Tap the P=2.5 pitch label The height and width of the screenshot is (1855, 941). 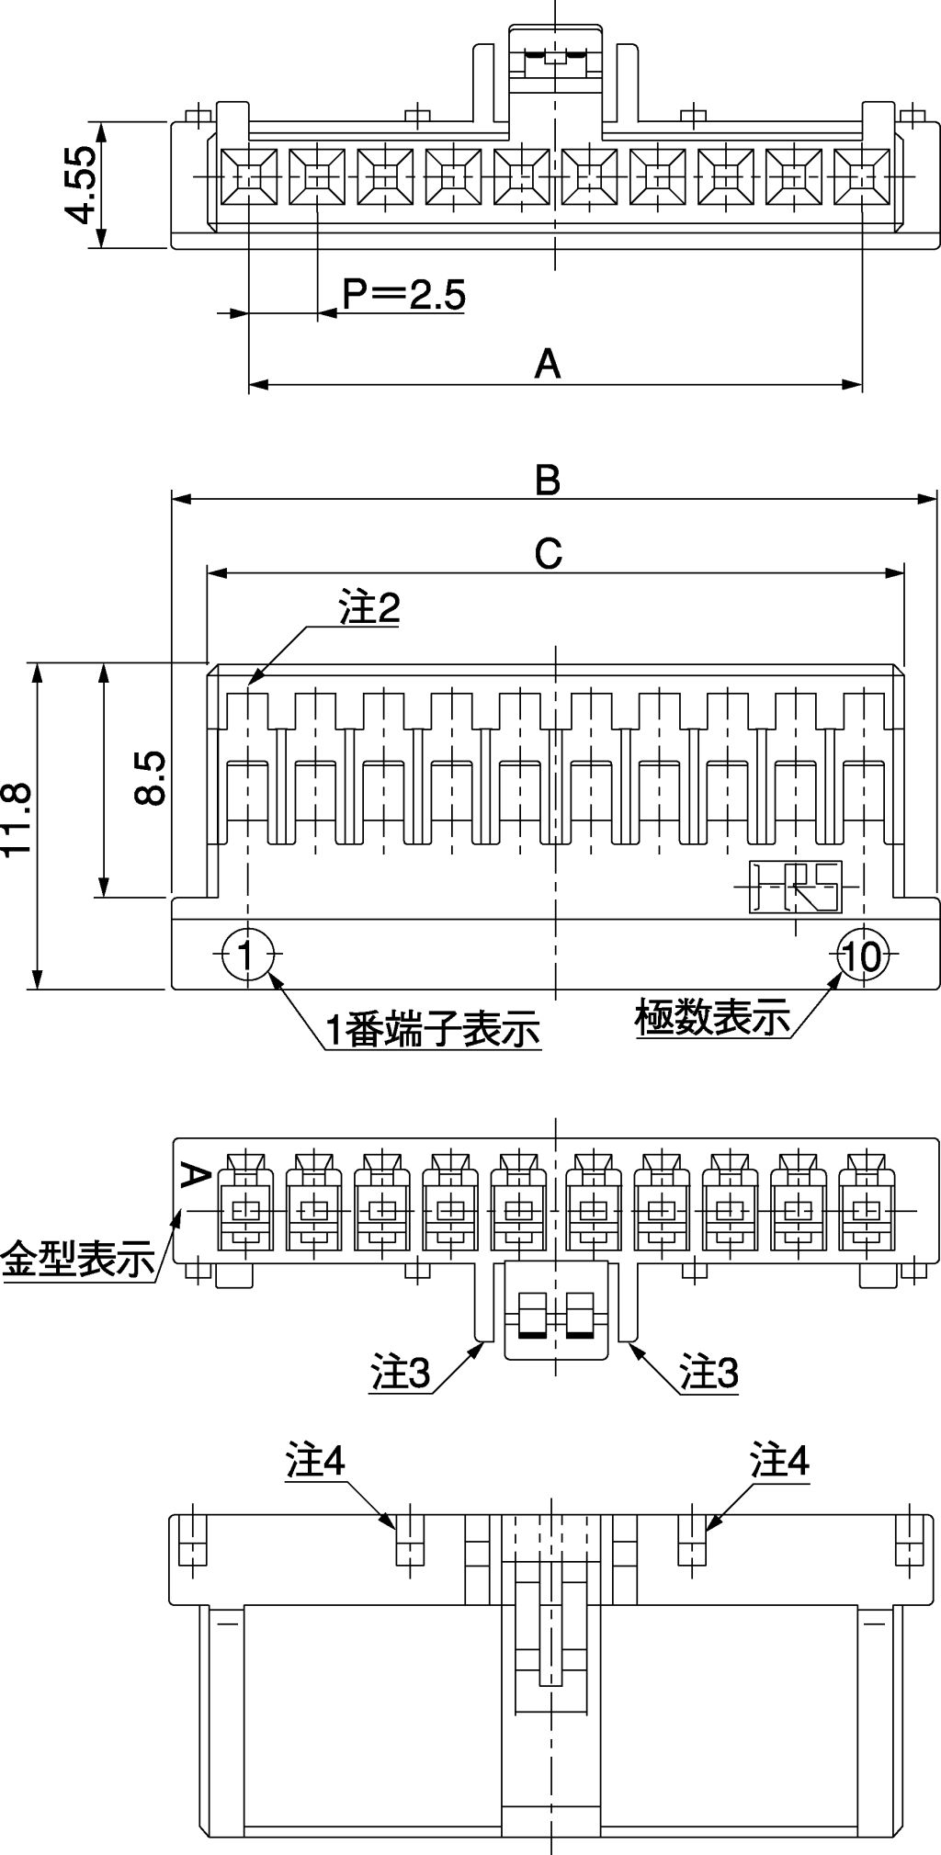[404, 295]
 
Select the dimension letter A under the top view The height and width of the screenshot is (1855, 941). [548, 364]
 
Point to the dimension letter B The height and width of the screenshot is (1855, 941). [548, 480]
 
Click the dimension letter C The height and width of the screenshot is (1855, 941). [548, 554]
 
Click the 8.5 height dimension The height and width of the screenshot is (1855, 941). [149, 777]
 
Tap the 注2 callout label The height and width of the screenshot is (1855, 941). [369, 608]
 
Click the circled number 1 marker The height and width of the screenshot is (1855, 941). [246, 955]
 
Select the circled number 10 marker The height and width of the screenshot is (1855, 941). [862, 956]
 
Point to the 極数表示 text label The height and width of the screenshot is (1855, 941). [713, 1017]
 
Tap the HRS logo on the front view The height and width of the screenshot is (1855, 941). [796, 887]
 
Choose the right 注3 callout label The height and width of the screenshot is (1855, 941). [709, 1374]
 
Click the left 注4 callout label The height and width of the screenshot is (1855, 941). [315, 1462]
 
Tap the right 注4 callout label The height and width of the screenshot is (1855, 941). [779, 1462]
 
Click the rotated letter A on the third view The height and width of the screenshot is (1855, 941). [194, 1175]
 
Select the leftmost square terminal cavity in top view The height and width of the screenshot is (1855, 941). [249, 176]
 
